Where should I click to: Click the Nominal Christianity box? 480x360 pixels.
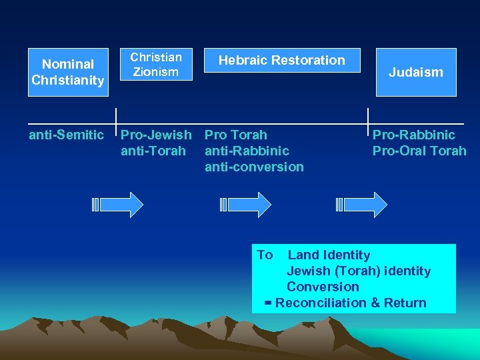pos(68,72)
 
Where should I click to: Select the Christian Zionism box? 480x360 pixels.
pos(156,64)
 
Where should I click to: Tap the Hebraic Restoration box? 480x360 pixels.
pos(282,60)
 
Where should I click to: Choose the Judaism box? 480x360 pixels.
pos(416,72)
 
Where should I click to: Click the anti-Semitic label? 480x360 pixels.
pos(67,135)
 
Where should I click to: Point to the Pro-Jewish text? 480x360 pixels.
pos(156,135)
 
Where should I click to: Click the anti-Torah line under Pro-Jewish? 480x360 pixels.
pos(153,151)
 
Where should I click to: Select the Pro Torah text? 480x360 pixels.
pos(236,135)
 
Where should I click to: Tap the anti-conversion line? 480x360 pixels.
pos(254,167)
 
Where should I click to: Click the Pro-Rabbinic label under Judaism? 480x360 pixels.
pos(414,135)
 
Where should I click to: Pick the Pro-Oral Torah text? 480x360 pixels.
pos(419,151)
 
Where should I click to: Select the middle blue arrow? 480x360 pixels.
pos(245,205)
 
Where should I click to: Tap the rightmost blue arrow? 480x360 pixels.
pos(362,205)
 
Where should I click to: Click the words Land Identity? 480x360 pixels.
pos(329,255)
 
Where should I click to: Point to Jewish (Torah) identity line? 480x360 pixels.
pos(359,271)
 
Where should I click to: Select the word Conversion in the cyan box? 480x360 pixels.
pos(323,287)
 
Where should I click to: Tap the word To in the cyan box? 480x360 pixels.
pos(265,255)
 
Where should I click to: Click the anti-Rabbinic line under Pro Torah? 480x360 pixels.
pos(247,151)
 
